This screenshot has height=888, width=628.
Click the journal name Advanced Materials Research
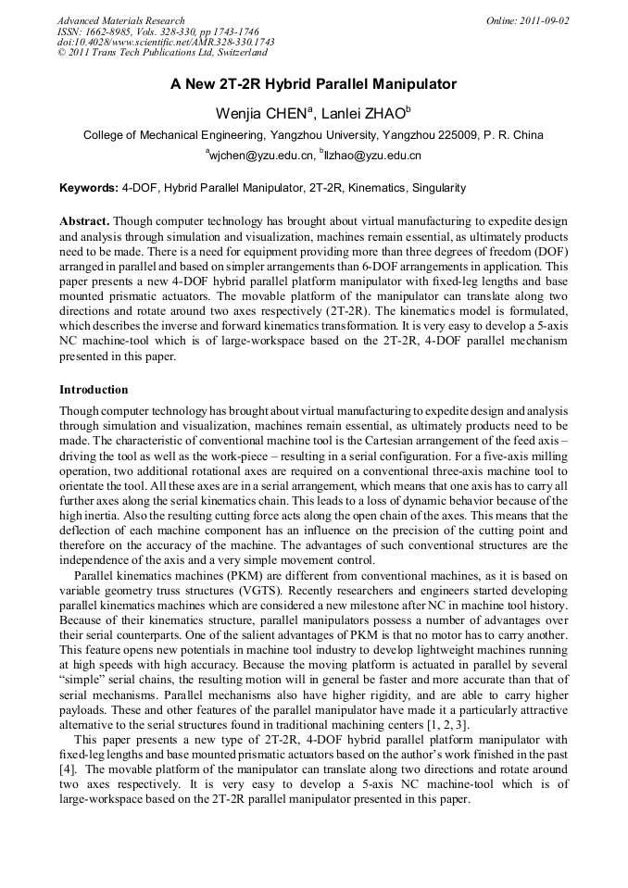pyautogui.click(x=120, y=20)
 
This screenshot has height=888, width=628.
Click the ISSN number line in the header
pyautogui.click(x=156, y=31)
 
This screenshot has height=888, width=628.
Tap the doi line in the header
pyautogui.click(x=166, y=43)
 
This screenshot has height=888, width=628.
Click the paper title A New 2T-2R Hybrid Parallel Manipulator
pyautogui.click(x=313, y=84)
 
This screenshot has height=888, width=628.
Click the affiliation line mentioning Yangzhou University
pyautogui.click(x=313, y=135)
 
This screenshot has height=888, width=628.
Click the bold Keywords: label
pyautogui.click(x=88, y=189)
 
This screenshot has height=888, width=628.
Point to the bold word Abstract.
pyautogui.click(x=84, y=223)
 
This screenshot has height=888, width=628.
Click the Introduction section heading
pyautogui.click(x=94, y=390)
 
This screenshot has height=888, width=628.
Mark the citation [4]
pyautogui.click(x=67, y=769)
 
